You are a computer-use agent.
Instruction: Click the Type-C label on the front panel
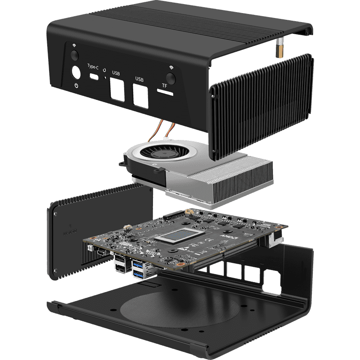coord(93,66)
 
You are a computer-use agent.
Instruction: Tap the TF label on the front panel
coord(165,85)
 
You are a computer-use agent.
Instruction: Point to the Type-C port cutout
coord(94,77)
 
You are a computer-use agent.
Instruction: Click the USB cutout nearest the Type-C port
coord(116,90)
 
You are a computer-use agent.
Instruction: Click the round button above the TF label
coord(171,74)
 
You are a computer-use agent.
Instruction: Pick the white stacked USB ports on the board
coord(120,263)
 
